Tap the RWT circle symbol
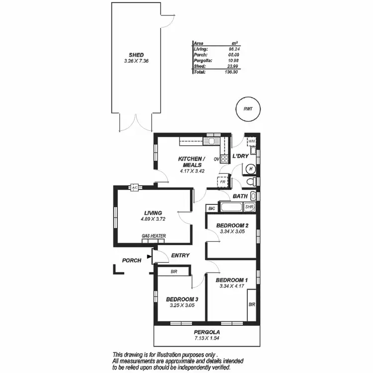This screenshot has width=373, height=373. click(247, 109)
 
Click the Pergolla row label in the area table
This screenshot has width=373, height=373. click(202, 60)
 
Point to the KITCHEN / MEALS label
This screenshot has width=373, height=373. click(191, 162)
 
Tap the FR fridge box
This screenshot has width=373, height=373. click(223, 182)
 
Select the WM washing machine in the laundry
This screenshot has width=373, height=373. click(252, 141)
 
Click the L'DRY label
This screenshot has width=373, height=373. click(241, 156)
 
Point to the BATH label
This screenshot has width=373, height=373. click(240, 196)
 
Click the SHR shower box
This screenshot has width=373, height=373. click(250, 207)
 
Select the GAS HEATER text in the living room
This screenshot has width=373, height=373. click(154, 236)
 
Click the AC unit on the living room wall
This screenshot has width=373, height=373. click(134, 187)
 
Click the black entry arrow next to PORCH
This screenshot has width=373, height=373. click(150, 257)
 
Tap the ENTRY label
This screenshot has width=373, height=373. click(180, 255)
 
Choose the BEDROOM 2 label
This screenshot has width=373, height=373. click(232, 225)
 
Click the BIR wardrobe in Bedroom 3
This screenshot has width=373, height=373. click(174, 272)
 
